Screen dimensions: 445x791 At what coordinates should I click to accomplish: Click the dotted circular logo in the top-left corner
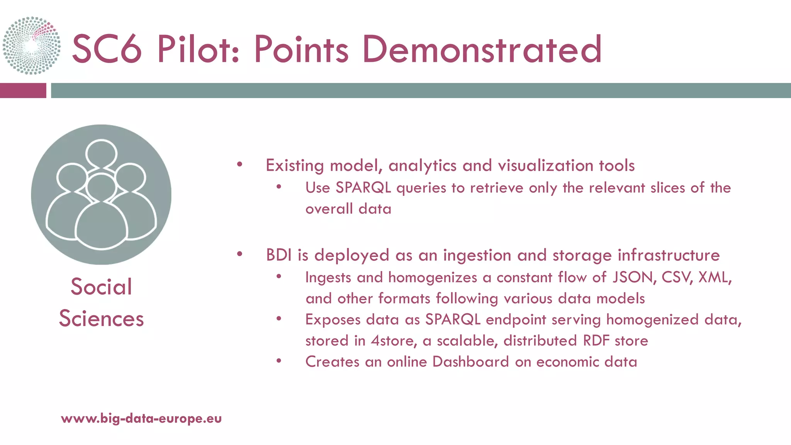pos(32,45)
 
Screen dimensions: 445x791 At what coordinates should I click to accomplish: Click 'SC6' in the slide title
pos(107,49)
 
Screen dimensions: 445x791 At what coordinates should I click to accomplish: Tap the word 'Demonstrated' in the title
pos(482,49)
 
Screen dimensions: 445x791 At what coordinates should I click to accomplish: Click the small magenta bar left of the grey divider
pos(23,90)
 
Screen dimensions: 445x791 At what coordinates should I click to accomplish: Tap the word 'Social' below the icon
pos(101,287)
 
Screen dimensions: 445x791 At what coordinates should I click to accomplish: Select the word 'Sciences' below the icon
pos(101,319)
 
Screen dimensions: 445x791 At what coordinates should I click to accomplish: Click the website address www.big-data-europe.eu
pos(141,418)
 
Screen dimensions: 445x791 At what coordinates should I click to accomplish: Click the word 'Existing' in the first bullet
pos(295,166)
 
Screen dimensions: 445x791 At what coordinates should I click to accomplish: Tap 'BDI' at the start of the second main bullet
pos(279,255)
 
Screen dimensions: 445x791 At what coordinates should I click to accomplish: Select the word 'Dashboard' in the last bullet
pos(470,362)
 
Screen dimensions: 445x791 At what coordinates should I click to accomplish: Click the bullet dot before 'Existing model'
pos(239,165)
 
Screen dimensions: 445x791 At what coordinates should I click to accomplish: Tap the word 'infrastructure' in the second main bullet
pos(669,255)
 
